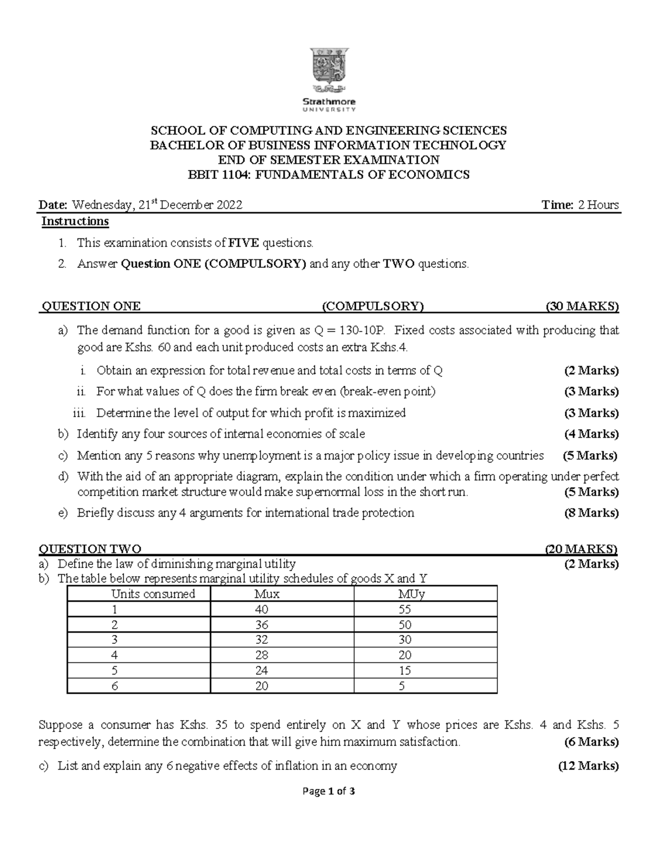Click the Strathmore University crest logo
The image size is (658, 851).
click(x=329, y=68)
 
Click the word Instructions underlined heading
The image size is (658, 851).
click(x=76, y=221)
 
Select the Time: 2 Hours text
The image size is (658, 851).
click(x=580, y=205)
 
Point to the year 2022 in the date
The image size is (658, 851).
click(x=229, y=205)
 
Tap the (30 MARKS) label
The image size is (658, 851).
click(x=582, y=306)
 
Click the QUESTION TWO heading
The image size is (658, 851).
click(x=90, y=549)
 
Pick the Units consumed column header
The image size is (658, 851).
click(x=153, y=594)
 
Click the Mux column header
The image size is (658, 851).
click(x=267, y=594)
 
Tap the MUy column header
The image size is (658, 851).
click(x=412, y=594)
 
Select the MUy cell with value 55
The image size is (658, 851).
click(x=405, y=609)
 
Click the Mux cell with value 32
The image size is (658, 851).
click(x=262, y=639)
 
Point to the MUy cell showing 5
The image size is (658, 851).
click(x=402, y=686)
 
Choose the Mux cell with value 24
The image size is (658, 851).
click(x=262, y=670)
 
